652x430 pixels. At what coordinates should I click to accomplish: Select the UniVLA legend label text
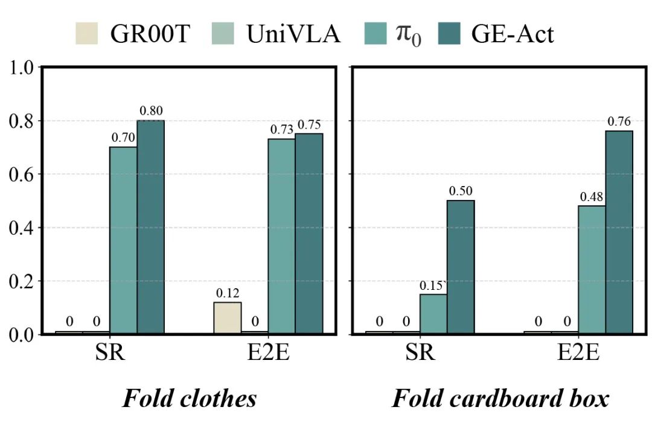(293, 34)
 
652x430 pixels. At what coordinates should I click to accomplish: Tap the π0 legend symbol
(409, 34)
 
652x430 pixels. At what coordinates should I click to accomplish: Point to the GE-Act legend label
(512, 34)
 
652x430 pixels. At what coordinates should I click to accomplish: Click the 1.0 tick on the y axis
(22, 67)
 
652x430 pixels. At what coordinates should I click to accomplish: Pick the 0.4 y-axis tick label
(22, 228)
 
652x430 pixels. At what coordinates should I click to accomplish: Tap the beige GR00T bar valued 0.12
(228, 318)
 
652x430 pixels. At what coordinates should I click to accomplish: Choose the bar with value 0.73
(282, 236)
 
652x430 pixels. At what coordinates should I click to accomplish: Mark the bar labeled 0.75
(309, 233)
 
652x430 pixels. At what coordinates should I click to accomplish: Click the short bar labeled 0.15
(433, 313)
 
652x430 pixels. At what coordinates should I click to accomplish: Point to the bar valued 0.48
(592, 269)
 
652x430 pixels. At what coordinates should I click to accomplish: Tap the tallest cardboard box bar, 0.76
(619, 232)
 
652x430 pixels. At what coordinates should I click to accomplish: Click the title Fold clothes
(190, 399)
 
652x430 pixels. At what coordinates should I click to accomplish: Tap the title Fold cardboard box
(500, 399)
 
